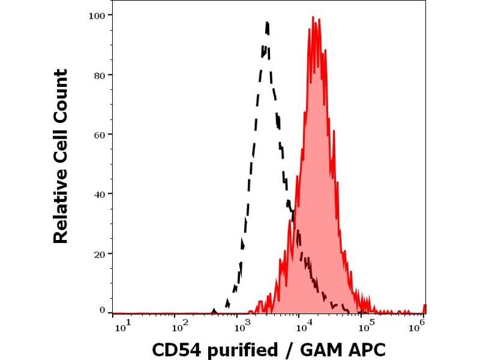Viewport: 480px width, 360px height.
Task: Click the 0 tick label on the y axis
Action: [103, 310]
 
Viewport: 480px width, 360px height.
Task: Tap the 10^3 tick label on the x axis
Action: [241, 326]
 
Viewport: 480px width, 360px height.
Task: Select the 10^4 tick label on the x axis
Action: [304, 326]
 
